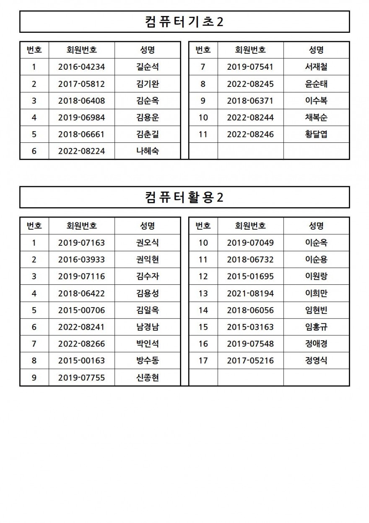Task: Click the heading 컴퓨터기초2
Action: tap(184, 21)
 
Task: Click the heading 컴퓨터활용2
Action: tap(184, 197)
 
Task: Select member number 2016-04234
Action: tap(81, 67)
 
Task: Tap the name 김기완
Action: tap(147, 84)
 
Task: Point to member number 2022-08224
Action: tap(81, 151)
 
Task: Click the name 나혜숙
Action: tap(147, 151)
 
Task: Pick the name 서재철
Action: tap(316, 67)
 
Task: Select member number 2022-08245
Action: tap(250, 84)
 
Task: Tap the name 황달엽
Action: tap(316, 134)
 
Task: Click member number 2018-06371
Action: tap(250, 101)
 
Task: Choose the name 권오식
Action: tap(147, 242)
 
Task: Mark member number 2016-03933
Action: tap(81, 260)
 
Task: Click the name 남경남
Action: tap(147, 327)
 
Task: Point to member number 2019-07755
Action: tap(81, 378)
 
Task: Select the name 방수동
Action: tap(147, 360)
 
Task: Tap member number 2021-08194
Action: tap(250, 293)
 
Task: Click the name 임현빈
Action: tap(316, 310)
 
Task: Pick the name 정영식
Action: tap(316, 360)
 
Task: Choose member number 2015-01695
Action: tap(250, 276)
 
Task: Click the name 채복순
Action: tap(316, 118)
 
